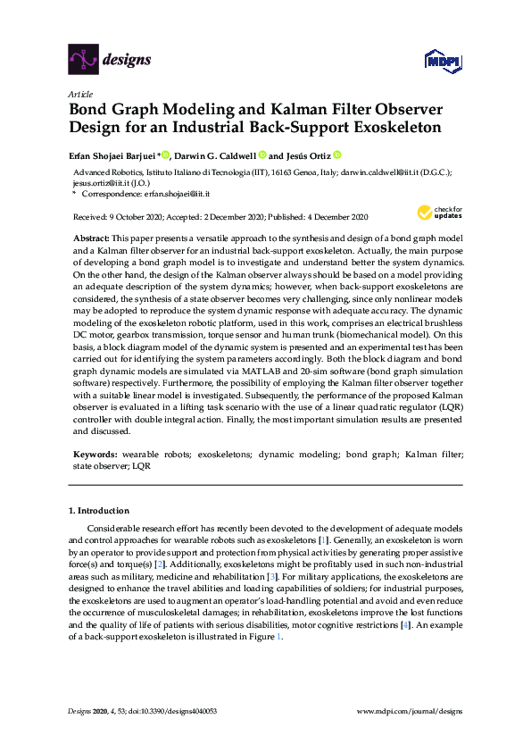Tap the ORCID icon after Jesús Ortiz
[338, 154]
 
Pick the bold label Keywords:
[95, 454]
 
